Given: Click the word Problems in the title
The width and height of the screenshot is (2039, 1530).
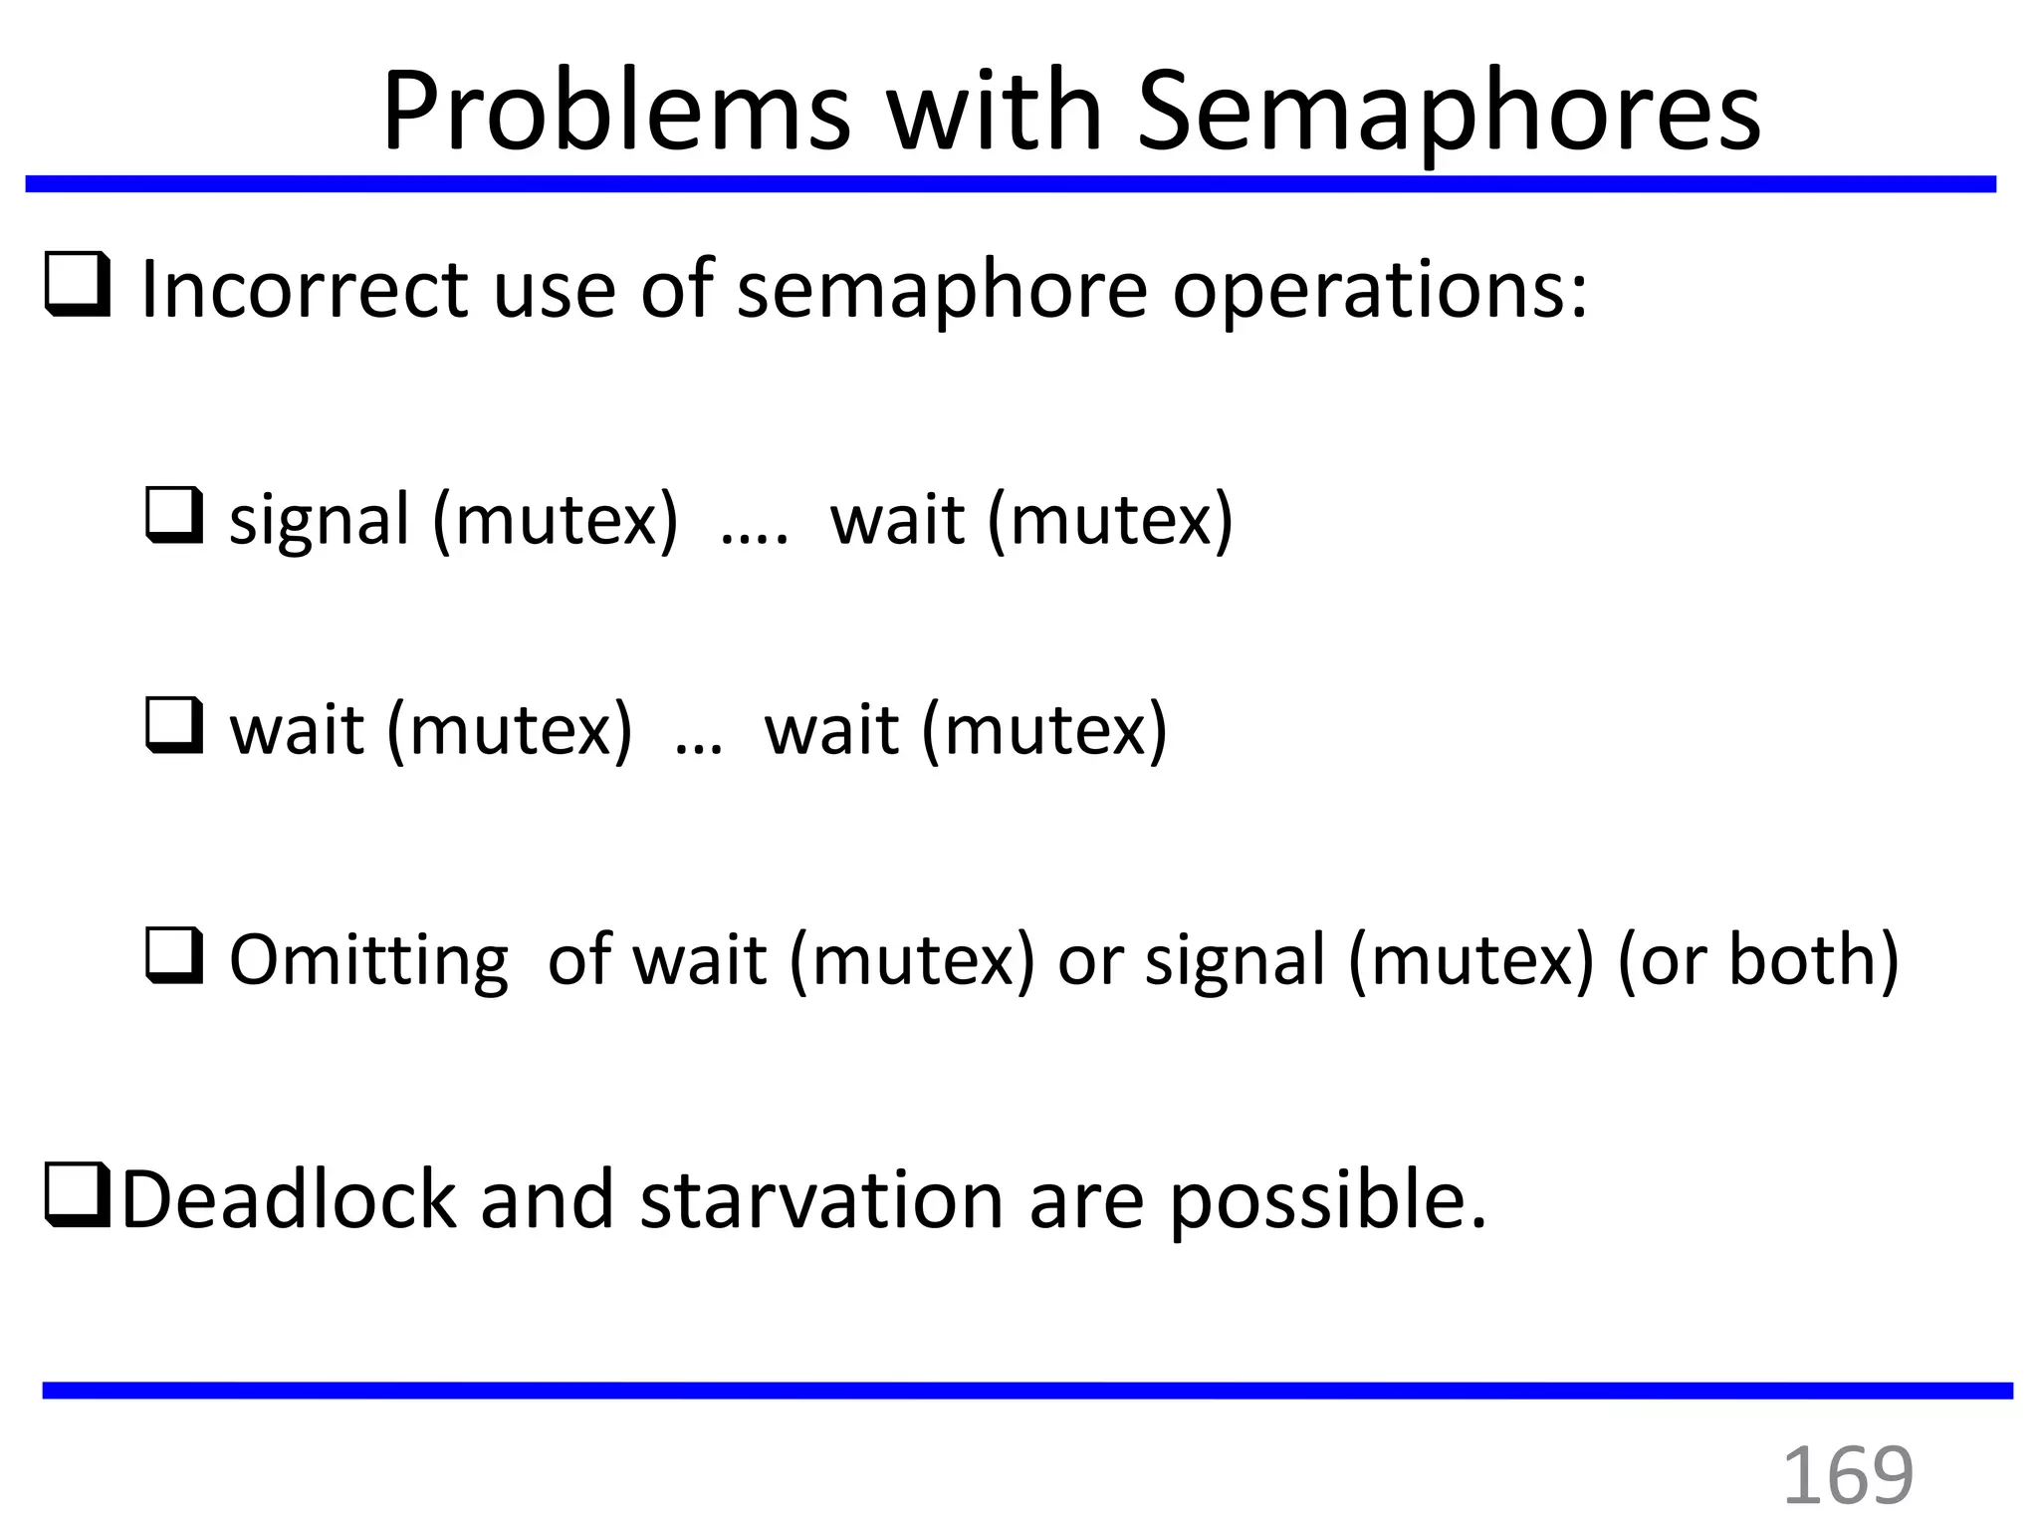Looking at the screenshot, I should click(616, 112).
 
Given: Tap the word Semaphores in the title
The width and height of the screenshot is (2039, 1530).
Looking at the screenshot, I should click(1449, 112).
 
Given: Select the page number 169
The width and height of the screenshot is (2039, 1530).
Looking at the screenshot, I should click(1847, 1475).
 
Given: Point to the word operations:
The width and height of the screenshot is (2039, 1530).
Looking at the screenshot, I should click(1379, 291).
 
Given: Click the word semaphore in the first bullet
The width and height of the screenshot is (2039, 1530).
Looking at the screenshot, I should click(942, 291).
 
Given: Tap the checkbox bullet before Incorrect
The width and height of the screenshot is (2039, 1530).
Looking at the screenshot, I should click(78, 286).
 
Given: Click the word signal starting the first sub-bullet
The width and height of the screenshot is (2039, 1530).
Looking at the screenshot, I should click(319, 520).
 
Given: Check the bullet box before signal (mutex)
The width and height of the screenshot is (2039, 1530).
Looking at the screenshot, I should click(174, 515).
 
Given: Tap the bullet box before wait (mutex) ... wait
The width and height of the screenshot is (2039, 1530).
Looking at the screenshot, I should click(174, 726).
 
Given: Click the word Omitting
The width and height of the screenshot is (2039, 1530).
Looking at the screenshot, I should click(368, 960).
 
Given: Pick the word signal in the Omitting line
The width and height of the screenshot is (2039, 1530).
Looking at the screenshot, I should click(1235, 960).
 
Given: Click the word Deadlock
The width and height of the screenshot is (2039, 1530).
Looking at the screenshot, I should click(289, 1199).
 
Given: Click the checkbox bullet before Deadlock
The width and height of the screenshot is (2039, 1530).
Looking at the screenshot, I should click(78, 1196).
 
